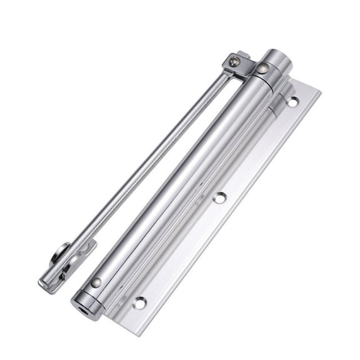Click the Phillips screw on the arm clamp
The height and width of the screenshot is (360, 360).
[x=234, y=61]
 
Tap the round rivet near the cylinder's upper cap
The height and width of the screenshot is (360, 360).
[x=264, y=68]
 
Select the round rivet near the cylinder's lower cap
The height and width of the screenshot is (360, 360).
[x=96, y=282]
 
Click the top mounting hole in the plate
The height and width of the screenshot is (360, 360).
[x=292, y=101]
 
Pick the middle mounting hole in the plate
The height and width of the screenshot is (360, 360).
[x=219, y=197]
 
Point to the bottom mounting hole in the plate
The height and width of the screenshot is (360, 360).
[x=139, y=302]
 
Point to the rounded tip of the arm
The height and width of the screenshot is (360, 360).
[x=47, y=284]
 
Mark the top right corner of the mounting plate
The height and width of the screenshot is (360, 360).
[x=319, y=89]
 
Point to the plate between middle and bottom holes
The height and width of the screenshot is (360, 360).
[x=181, y=250]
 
